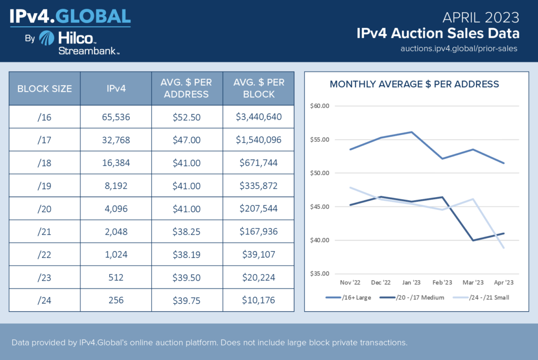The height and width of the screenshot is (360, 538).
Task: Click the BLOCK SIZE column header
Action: click(x=45, y=88)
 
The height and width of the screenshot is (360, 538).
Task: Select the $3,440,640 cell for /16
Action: click(x=259, y=117)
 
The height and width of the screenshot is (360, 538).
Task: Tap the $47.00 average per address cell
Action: click(x=187, y=140)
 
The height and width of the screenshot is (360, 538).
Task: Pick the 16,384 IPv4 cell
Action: click(x=116, y=163)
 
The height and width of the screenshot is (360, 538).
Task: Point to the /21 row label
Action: click(x=45, y=232)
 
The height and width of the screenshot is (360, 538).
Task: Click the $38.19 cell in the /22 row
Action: click(x=187, y=255)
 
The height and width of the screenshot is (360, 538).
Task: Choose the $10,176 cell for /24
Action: click(x=259, y=301)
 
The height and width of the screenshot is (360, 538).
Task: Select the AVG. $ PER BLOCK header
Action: click(x=259, y=88)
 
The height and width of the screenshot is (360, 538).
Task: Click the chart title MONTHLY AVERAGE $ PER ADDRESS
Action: click(x=414, y=84)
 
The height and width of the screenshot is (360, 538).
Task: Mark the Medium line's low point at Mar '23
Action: click(x=472, y=240)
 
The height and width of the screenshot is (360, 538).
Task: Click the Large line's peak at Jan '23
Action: click(x=411, y=132)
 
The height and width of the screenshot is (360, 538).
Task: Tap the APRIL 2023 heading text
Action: click(x=481, y=17)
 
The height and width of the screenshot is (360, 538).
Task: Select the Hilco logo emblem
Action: click(x=47, y=38)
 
